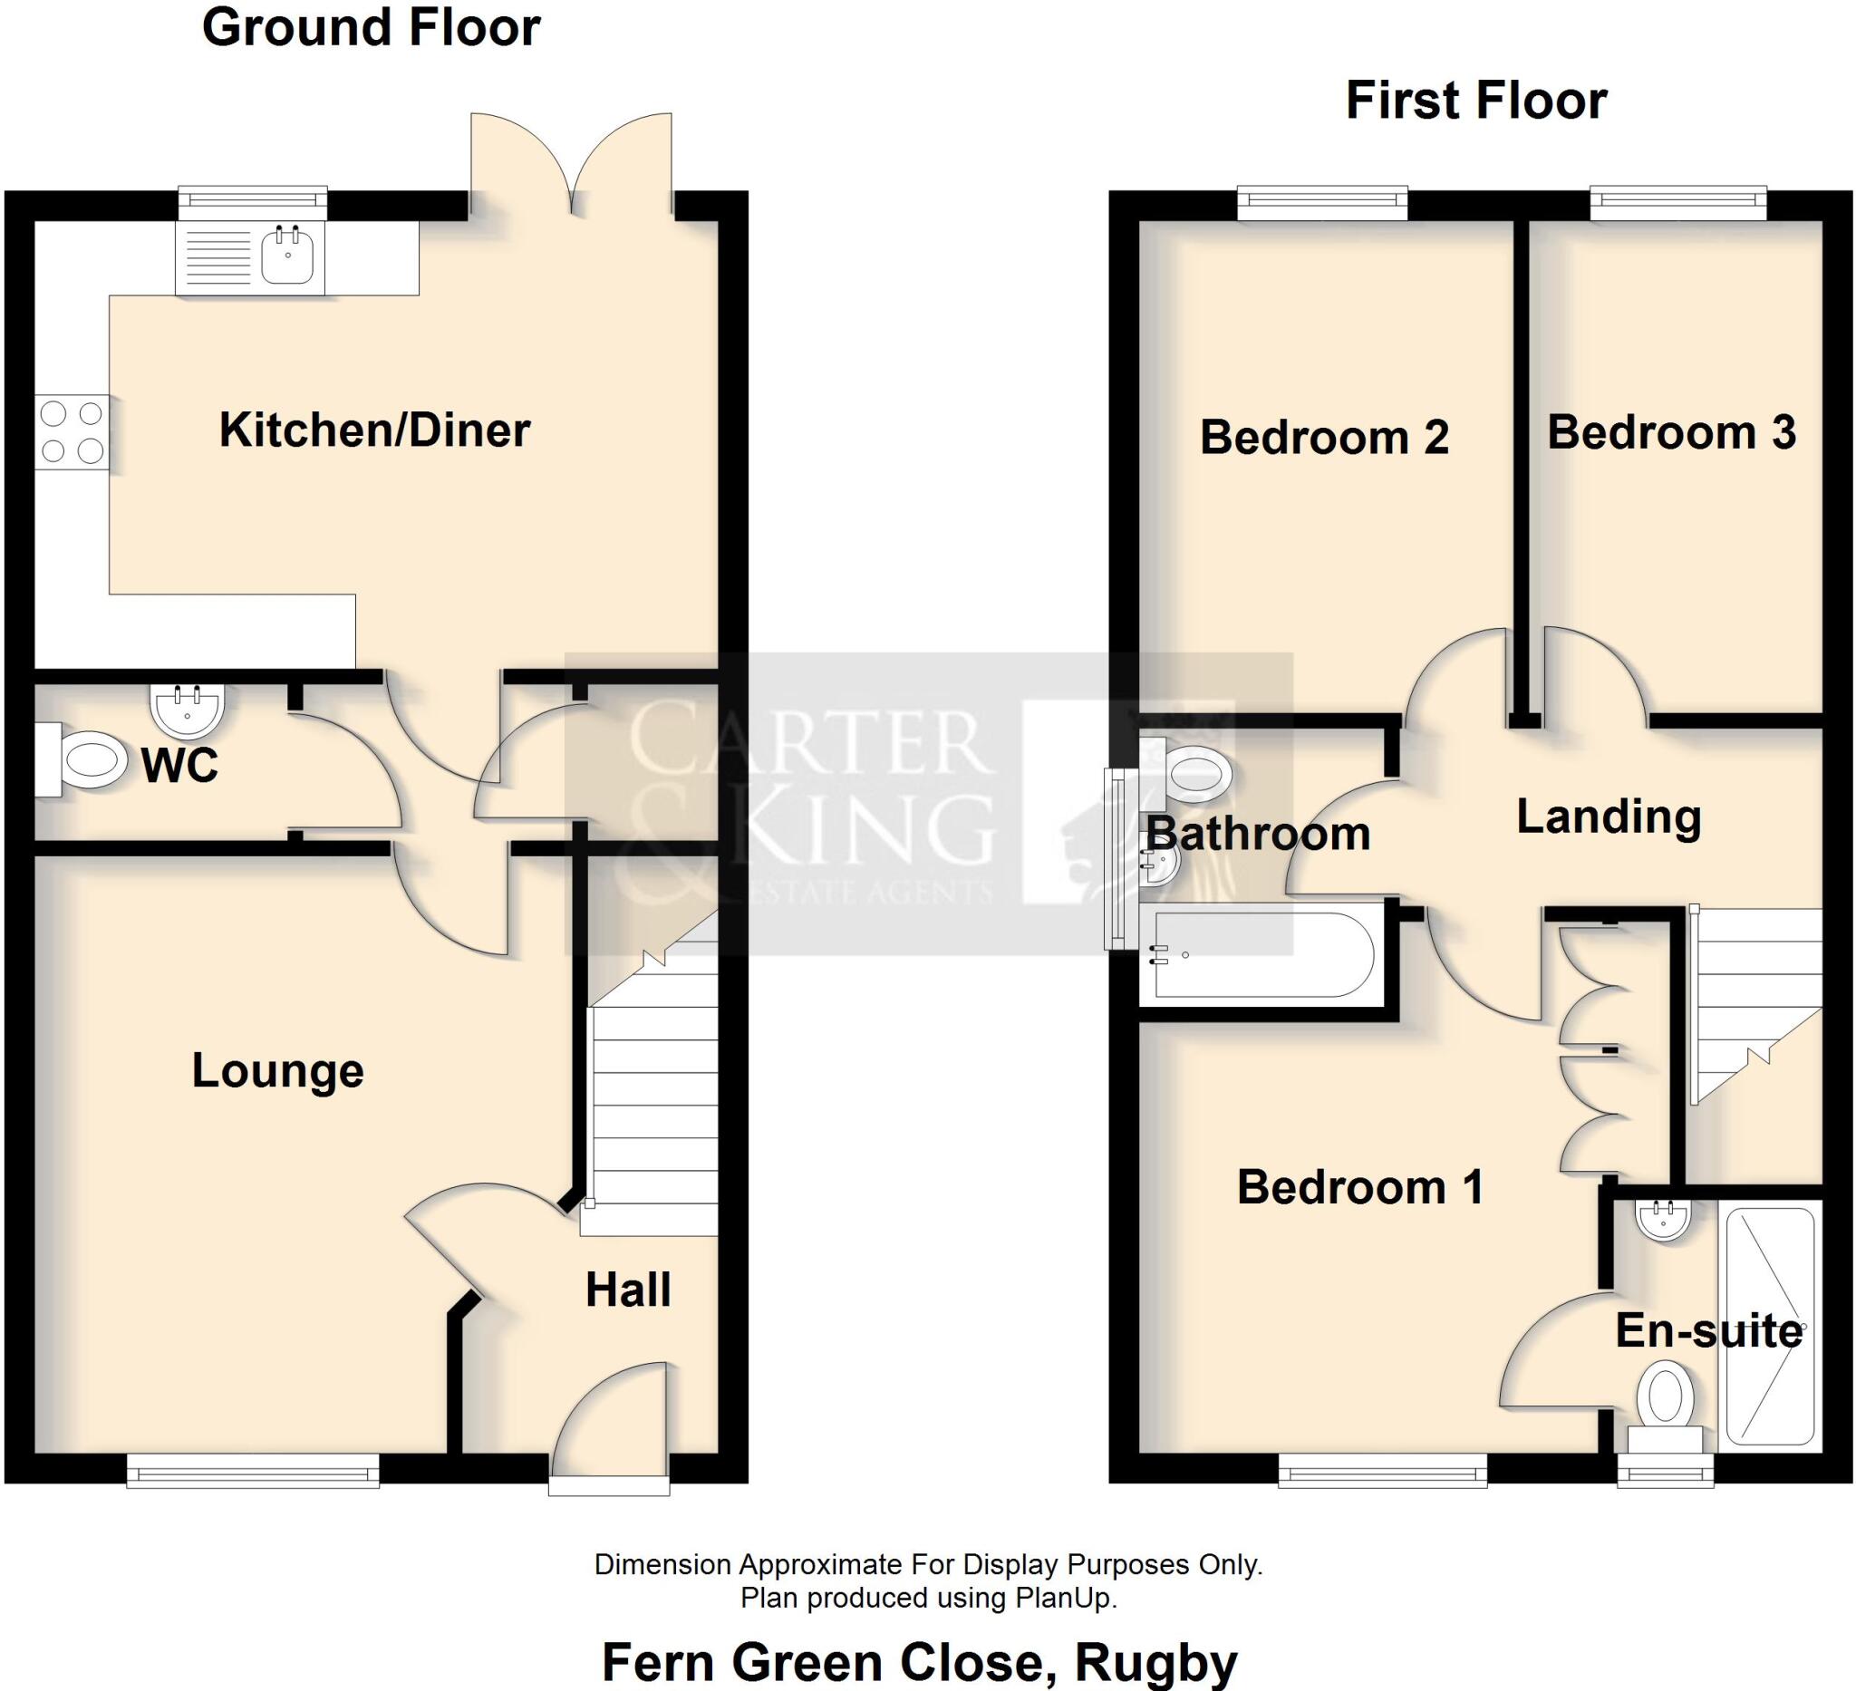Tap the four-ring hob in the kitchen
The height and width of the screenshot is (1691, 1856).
click(x=72, y=431)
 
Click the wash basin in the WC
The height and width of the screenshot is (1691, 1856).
click(x=187, y=710)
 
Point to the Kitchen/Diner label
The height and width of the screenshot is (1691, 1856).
click(x=373, y=430)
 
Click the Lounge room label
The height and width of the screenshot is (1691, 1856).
click(x=277, y=1070)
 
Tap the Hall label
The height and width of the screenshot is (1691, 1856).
click(x=628, y=1290)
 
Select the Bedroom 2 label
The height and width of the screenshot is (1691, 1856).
click(x=1324, y=436)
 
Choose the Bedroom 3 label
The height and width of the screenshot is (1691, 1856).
click(x=1671, y=432)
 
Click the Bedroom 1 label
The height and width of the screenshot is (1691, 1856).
click(x=1359, y=1187)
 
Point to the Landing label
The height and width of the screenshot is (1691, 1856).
click(x=1609, y=817)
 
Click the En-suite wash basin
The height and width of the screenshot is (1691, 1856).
click(x=1663, y=1219)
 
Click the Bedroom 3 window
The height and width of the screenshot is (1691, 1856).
click(x=1678, y=200)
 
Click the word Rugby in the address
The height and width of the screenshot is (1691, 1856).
click(x=1156, y=1663)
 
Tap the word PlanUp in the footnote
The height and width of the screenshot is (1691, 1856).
click(x=1065, y=1598)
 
